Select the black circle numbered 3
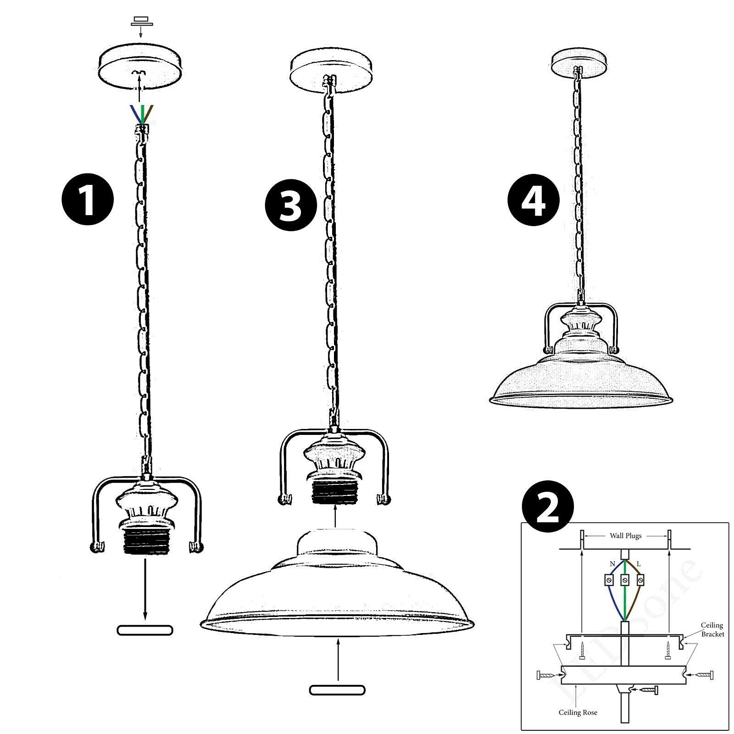(x=291, y=206)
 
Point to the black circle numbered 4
(x=534, y=200)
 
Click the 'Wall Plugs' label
(x=625, y=535)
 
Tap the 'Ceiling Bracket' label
(x=712, y=629)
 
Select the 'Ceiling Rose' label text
(x=578, y=712)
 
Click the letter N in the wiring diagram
(x=612, y=564)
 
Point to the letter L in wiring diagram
(x=639, y=564)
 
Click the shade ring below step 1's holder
(x=145, y=630)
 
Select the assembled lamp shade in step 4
(x=581, y=376)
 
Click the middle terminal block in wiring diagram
(x=625, y=580)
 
